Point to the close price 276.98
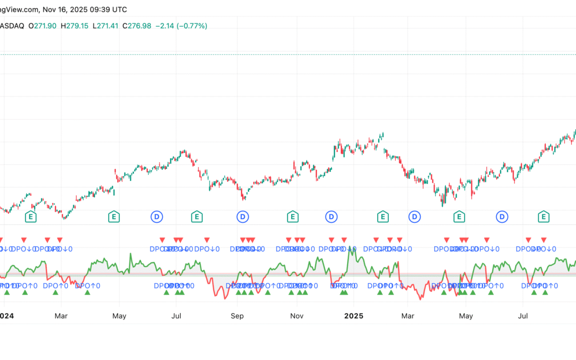point(138,26)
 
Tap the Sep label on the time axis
point(237,316)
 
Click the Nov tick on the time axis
point(297,316)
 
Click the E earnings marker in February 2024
point(31,217)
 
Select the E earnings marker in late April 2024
point(114,217)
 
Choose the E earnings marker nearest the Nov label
point(292,217)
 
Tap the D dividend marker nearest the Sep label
point(243,217)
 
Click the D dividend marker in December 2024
point(331,217)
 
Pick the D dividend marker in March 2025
point(414,217)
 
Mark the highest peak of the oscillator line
point(350,249)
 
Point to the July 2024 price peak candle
point(183,151)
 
